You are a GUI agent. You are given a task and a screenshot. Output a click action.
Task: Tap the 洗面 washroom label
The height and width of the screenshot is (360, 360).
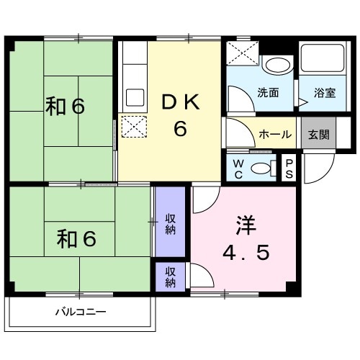(x=269, y=93)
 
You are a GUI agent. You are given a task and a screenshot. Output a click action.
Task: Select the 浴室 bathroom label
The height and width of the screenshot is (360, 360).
(x=325, y=93)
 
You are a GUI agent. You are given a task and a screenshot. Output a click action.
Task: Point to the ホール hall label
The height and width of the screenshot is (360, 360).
(x=274, y=135)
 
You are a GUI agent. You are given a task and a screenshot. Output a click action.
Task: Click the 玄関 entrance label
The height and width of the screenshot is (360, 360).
(x=318, y=135)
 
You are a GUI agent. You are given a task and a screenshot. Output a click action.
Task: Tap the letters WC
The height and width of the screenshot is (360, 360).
(x=238, y=168)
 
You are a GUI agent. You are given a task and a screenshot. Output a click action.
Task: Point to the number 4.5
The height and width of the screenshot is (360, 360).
(x=245, y=253)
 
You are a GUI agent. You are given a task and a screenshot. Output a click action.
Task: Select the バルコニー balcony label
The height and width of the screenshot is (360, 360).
(x=81, y=312)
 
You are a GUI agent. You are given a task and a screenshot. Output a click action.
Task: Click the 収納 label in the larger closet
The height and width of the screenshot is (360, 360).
(x=171, y=224)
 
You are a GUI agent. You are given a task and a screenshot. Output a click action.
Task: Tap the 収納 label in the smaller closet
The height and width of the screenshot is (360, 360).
(x=171, y=276)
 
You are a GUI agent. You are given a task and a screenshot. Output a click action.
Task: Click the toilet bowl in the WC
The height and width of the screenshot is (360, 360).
(x=264, y=168)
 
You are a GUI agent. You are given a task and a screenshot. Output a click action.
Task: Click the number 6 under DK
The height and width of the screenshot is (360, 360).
(x=180, y=130)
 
